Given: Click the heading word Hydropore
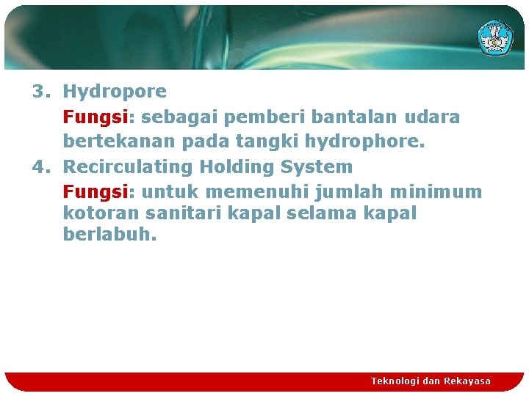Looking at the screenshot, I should tap(115, 92).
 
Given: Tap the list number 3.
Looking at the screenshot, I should tap(40, 92).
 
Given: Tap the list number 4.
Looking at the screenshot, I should tap(40, 167).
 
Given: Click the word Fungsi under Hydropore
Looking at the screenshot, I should tap(94, 117).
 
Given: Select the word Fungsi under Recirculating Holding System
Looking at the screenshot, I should tap(94, 192).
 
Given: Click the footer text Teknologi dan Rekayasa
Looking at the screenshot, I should tap(431, 381).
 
